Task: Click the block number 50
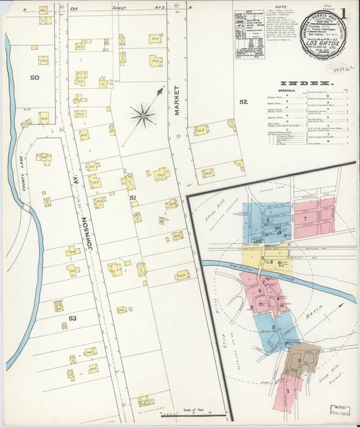34,78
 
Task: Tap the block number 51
133,197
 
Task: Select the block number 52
243,102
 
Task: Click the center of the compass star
143,115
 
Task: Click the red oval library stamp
337,68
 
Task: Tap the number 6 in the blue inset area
267,220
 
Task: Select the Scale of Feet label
193,409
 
